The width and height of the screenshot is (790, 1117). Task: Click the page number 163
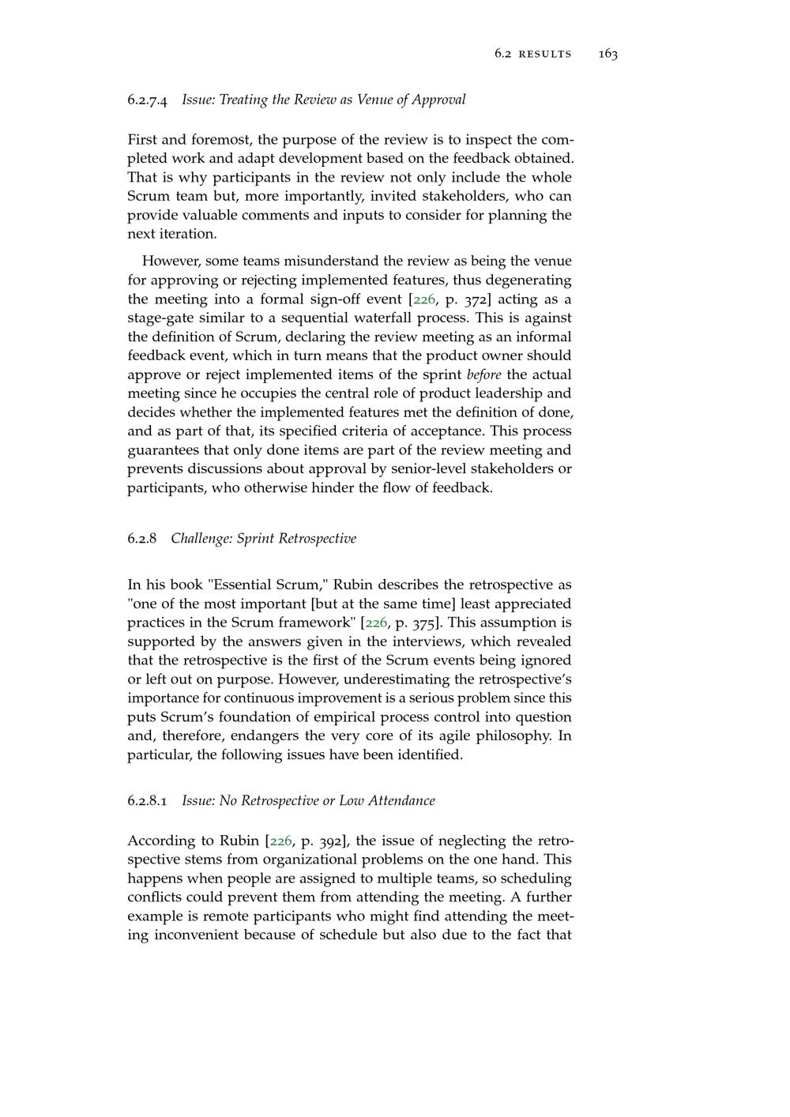tap(608, 54)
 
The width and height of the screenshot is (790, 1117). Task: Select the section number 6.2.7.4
tap(148, 100)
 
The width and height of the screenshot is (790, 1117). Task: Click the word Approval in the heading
tap(440, 100)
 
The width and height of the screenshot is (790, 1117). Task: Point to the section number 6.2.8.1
tap(148, 800)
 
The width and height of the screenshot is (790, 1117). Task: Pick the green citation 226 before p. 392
tap(281, 841)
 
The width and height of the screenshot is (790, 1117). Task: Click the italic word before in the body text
tap(483, 374)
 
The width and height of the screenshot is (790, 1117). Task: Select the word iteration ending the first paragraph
tap(170, 234)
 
